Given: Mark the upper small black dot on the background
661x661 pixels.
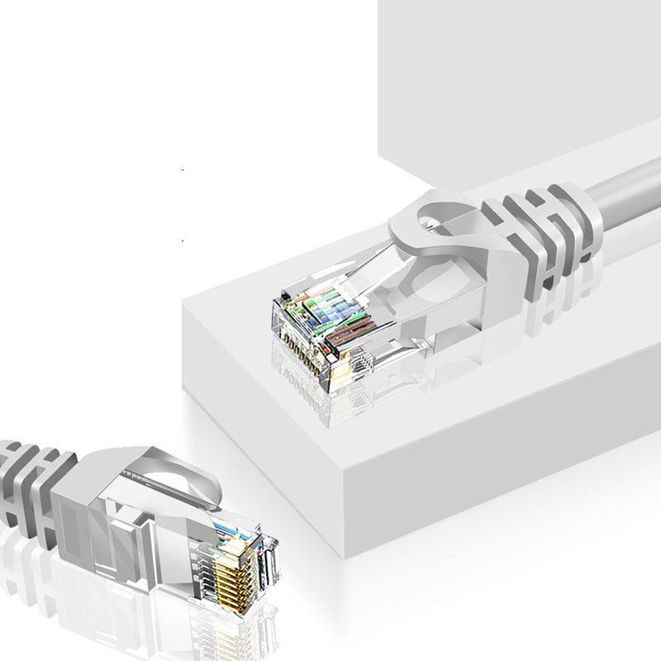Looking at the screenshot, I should click(183, 170).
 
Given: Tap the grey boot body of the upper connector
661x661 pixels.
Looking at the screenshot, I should click(463, 273).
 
